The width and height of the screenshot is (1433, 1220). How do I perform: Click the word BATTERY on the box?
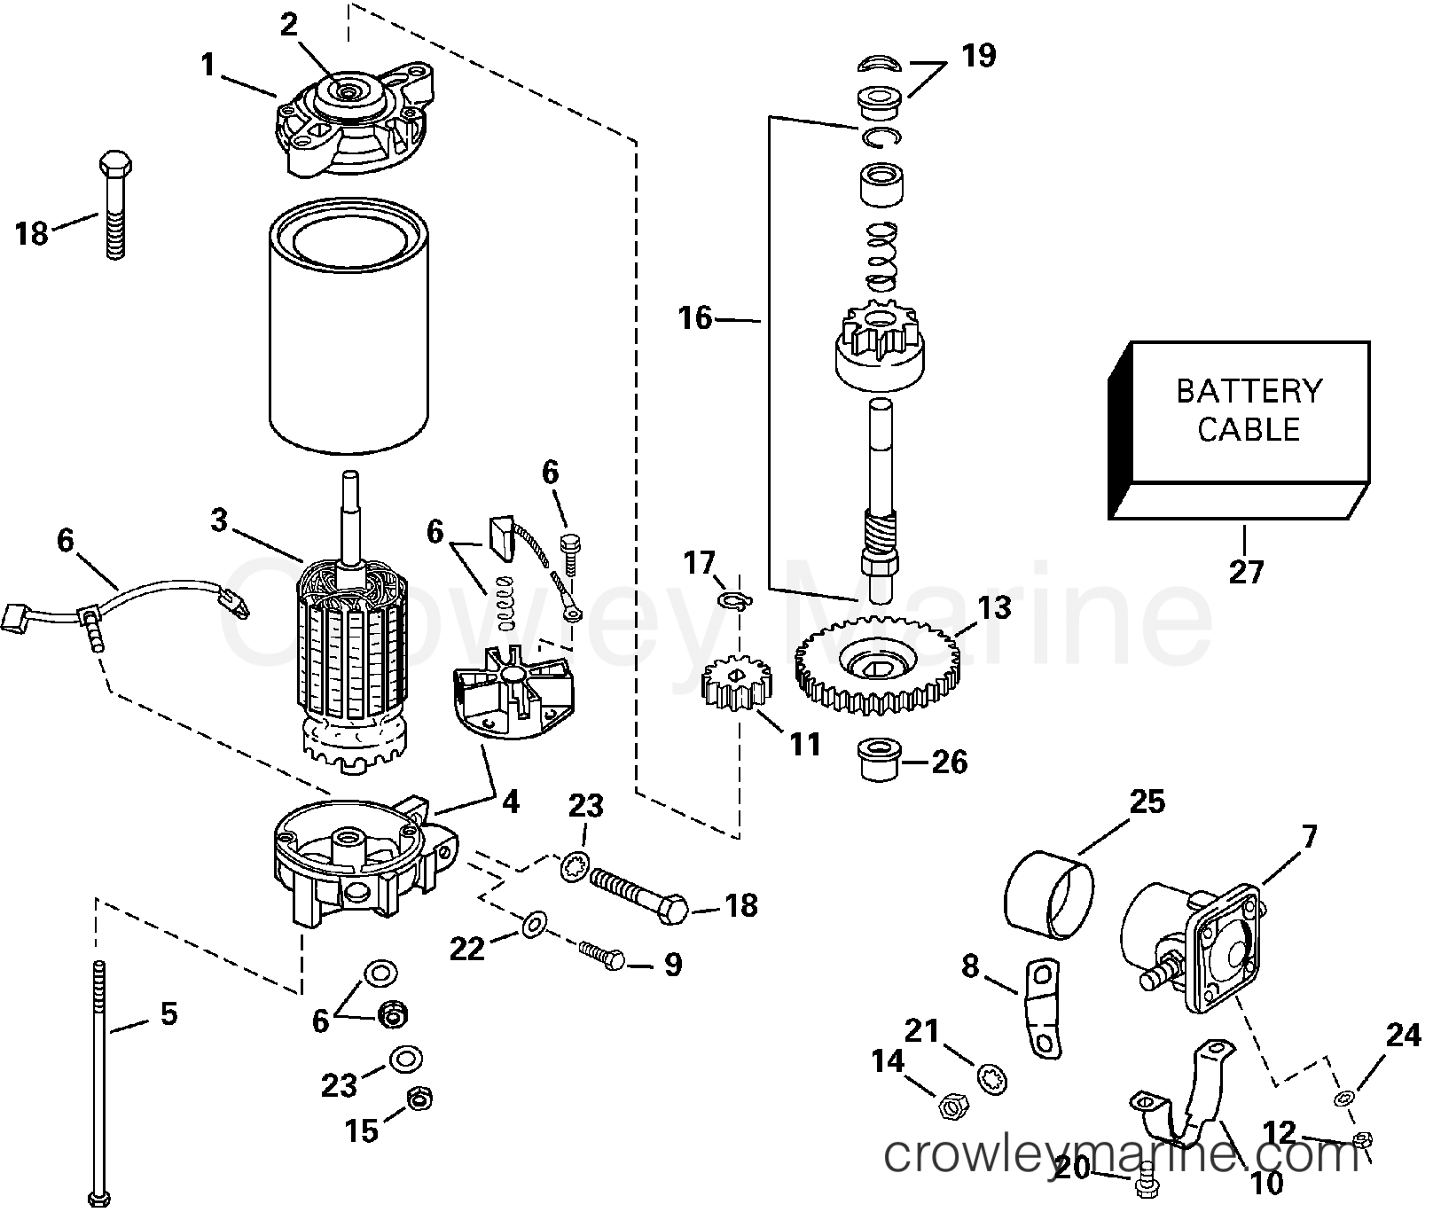click(1248, 391)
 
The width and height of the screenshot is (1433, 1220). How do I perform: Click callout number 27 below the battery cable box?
click(1245, 574)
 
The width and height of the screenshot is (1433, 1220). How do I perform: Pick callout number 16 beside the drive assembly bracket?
click(695, 317)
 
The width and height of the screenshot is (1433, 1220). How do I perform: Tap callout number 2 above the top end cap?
click(288, 25)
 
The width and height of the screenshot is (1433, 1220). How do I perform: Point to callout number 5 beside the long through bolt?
click(168, 1013)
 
